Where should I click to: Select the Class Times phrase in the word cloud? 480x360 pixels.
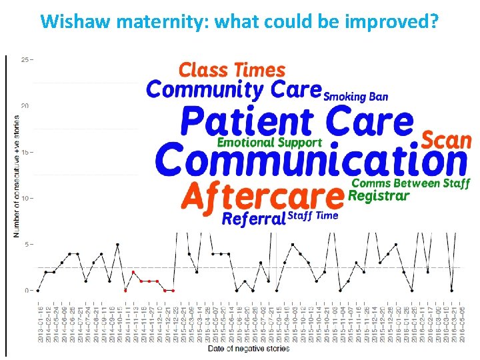click(x=232, y=70)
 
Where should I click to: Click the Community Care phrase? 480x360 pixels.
click(x=233, y=89)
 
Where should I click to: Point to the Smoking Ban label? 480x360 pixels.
click(x=355, y=97)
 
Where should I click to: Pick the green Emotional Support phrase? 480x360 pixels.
click(x=269, y=143)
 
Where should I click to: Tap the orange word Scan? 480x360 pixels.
click(x=446, y=141)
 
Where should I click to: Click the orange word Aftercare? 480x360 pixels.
click(x=263, y=197)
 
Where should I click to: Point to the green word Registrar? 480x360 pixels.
click(x=379, y=196)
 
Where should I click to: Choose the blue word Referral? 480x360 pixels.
click(x=253, y=219)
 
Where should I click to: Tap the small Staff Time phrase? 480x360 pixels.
click(x=313, y=215)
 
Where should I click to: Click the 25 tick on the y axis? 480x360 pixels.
click(x=25, y=60)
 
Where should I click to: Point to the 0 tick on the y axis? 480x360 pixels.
click(x=27, y=291)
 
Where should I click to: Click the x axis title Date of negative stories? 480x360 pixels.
click(x=249, y=349)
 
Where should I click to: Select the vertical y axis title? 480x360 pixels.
click(x=16, y=177)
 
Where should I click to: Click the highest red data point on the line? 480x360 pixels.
click(x=133, y=272)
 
